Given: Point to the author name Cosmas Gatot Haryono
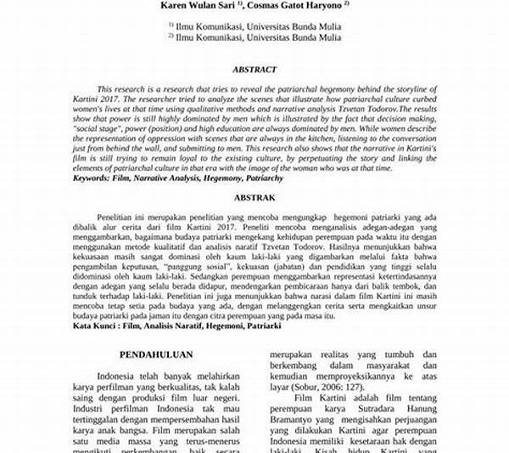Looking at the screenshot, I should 294,5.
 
